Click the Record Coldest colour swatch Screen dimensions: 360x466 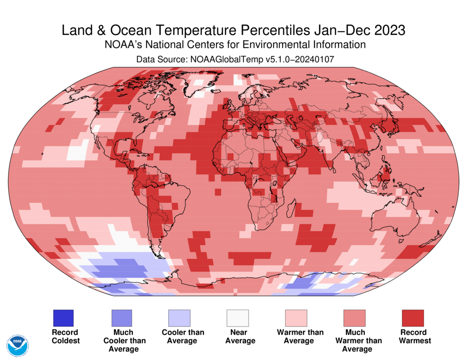[63, 318]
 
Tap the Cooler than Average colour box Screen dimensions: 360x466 [179, 318]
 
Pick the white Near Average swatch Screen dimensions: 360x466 [237, 318]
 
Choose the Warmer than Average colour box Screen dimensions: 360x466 [296, 318]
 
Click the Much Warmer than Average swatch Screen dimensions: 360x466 [354, 318]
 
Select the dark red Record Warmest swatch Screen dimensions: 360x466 [412, 318]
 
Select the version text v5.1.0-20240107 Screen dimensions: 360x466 [291, 59]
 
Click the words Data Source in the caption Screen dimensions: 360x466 [160, 59]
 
